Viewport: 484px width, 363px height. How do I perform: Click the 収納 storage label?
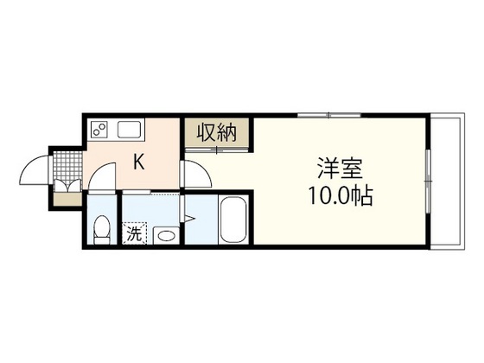pos(215,133)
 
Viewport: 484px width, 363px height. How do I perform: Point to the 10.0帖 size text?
pos(339,196)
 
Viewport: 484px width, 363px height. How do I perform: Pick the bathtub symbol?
pos(234,220)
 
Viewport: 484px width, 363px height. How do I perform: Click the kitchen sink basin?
pos(130,131)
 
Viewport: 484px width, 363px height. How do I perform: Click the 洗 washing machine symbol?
pos(135,233)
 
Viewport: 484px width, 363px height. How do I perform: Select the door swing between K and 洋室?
pos(194,174)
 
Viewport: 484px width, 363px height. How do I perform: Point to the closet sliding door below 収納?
pos(215,150)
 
